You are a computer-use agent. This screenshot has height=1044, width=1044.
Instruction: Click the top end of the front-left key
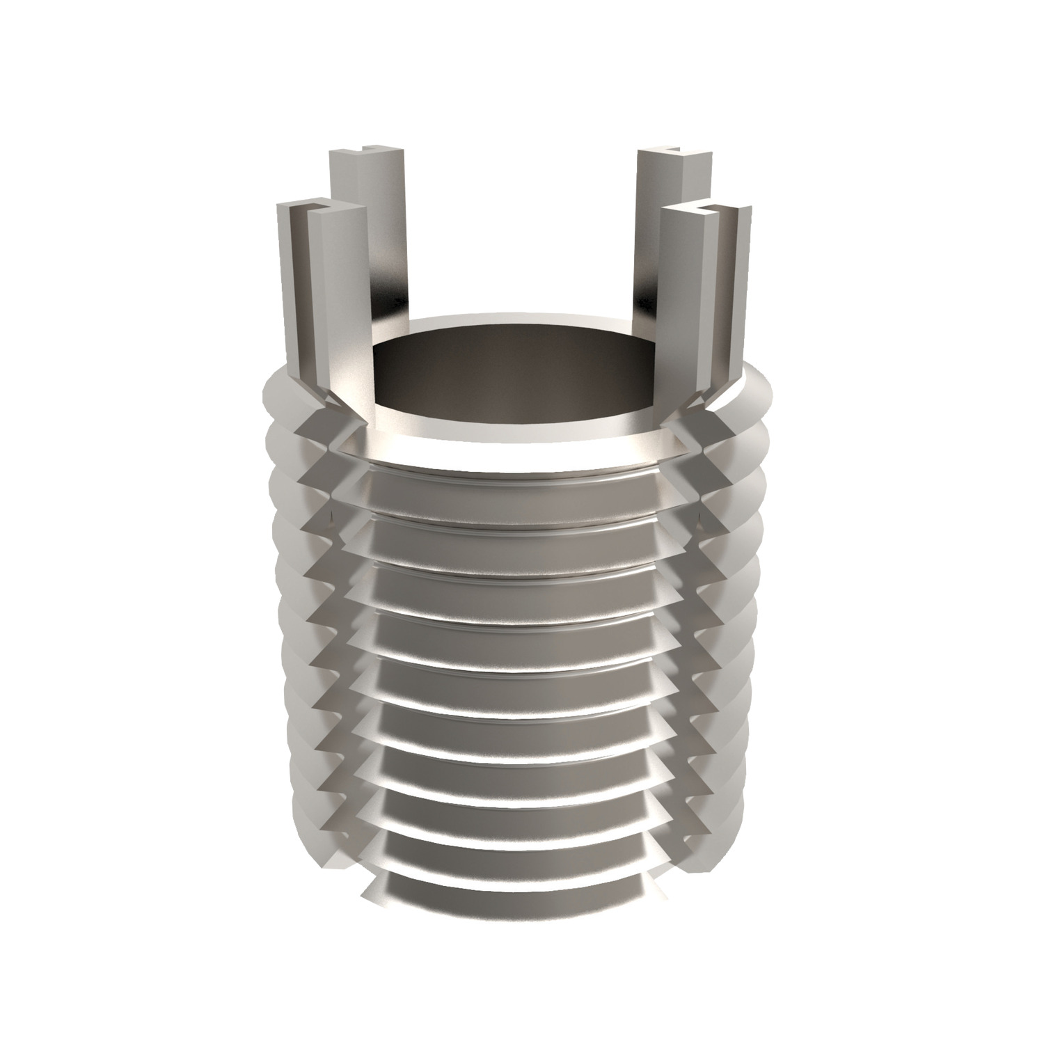tap(322, 209)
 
